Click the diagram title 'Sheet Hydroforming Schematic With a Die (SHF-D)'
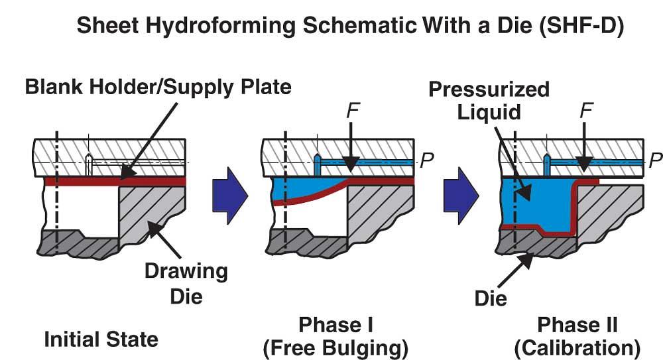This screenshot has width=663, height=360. (x=351, y=26)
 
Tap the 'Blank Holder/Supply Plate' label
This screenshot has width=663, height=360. (x=158, y=87)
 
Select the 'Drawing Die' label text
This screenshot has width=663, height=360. (x=186, y=282)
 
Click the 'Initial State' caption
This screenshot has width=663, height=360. (x=101, y=339)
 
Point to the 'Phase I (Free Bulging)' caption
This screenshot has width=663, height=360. (x=335, y=336)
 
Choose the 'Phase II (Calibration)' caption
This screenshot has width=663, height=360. (x=577, y=336)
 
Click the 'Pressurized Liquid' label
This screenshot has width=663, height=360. (x=489, y=100)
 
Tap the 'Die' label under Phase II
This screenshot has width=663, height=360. (x=491, y=298)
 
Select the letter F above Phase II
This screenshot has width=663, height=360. (x=585, y=110)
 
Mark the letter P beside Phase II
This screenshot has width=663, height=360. (x=655, y=160)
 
